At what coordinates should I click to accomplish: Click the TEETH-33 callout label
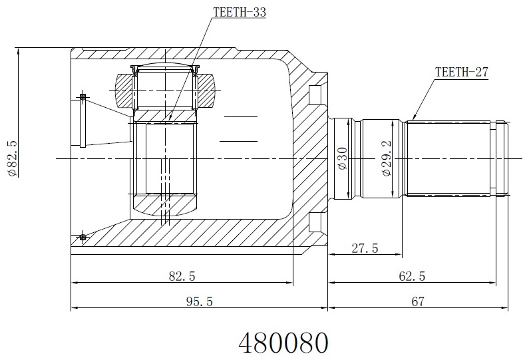(240, 12)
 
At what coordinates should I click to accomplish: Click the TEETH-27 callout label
(461, 72)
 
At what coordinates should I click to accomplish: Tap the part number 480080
(283, 342)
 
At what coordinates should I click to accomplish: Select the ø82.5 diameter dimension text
(13, 158)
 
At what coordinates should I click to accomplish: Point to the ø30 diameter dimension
(342, 158)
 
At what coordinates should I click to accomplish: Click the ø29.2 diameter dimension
(387, 158)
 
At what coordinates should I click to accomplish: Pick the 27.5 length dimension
(365, 248)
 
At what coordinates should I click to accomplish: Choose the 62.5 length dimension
(412, 276)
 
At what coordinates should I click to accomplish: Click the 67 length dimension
(417, 301)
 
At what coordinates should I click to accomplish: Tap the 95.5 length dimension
(200, 301)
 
